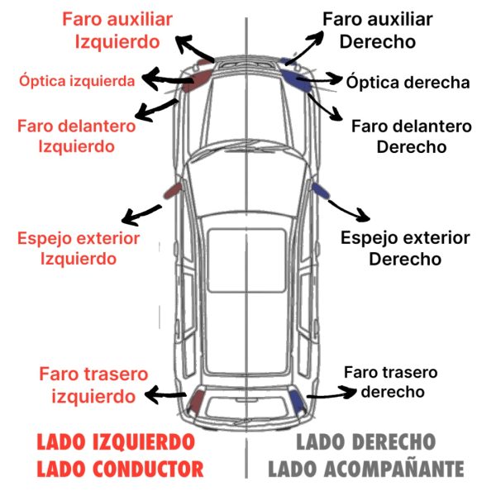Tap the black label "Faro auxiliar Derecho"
pos(377,29)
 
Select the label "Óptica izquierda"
pos(77,81)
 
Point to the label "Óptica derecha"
pos(408,82)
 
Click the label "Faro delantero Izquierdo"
pos(76,136)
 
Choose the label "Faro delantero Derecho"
pos(411,136)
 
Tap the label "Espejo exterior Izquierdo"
pos(79,248)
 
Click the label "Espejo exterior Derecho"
pos(405,248)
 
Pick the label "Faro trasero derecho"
pos(390,382)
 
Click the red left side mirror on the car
pos(173,190)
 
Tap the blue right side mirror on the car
pos(318,192)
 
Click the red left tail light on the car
pos(198,403)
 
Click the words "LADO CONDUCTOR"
pos(119,469)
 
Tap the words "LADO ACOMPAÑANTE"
pos(365,469)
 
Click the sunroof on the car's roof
pos(247,259)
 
